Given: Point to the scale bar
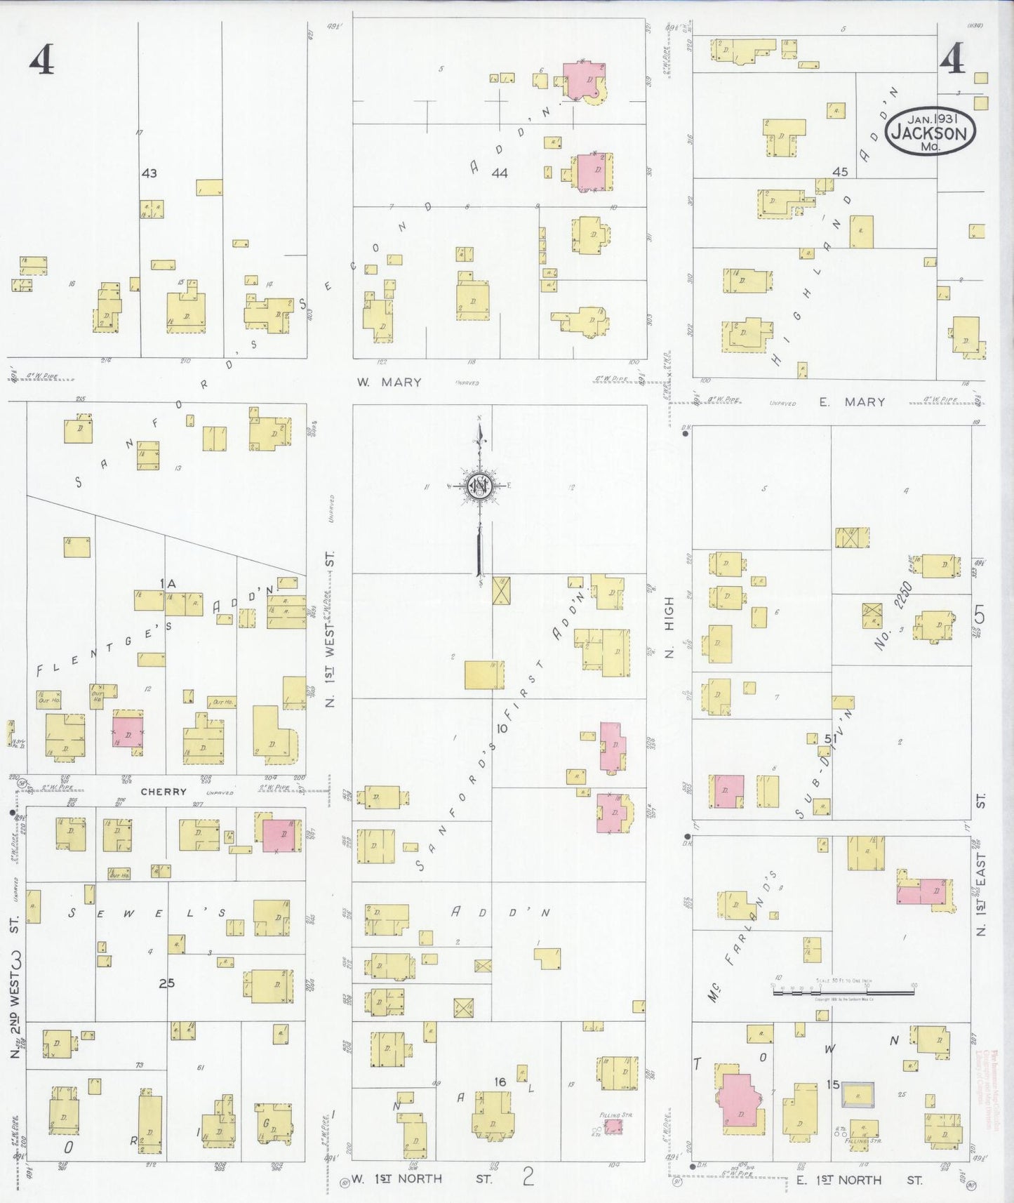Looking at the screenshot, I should [843, 992].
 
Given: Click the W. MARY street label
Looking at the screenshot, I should [389, 383].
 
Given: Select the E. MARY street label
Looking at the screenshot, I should [853, 402].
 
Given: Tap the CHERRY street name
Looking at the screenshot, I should [164, 792].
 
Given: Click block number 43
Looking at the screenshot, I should [149, 173].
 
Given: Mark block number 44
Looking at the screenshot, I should [500, 173].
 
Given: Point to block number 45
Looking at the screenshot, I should [840, 171].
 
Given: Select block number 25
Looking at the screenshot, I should [166, 983].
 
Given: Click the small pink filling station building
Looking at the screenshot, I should [613, 1126].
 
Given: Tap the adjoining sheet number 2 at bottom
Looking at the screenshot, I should [528, 1176].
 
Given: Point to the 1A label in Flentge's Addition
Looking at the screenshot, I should [167, 583].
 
